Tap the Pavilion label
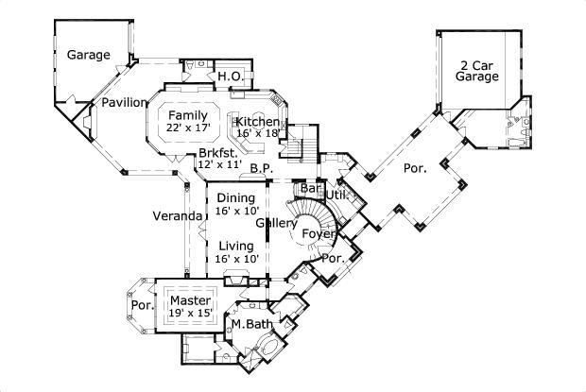click(x=124, y=102)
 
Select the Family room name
click(x=188, y=114)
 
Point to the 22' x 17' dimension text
click(x=188, y=127)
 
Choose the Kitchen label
click(x=257, y=122)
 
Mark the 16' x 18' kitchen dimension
click(x=257, y=134)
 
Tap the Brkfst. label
click(x=216, y=152)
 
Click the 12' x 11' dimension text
click(x=216, y=164)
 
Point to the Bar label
click(x=309, y=188)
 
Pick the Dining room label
click(x=235, y=197)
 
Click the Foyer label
click(x=319, y=233)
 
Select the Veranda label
click(x=179, y=216)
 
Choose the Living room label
click(x=235, y=246)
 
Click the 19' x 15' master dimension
click(x=190, y=312)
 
